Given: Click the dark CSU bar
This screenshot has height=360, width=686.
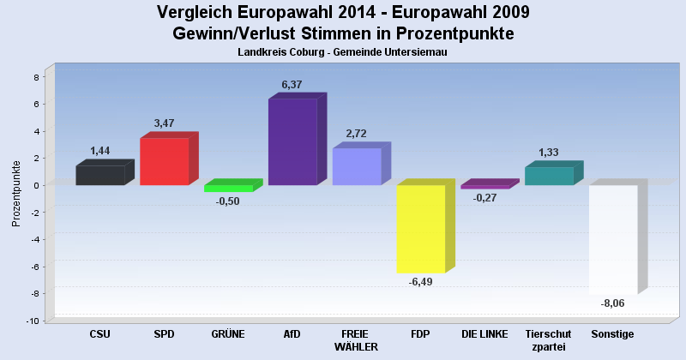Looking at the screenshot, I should [x=99, y=175].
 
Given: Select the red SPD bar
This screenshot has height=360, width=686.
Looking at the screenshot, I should [x=164, y=161].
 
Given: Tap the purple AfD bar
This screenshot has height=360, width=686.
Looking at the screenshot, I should [x=292, y=141].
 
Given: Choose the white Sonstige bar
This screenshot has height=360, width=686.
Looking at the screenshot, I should [x=612, y=239].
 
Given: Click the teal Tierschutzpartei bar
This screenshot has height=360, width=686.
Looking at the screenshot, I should [x=549, y=176].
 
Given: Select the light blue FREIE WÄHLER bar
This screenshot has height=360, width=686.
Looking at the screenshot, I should [x=357, y=166].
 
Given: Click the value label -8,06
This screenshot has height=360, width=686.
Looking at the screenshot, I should [x=612, y=303].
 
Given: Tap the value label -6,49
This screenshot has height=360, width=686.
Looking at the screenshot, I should [x=420, y=282].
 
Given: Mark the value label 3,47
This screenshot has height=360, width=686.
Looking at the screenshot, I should [x=164, y=123].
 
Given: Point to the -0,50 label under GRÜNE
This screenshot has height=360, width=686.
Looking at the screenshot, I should [x=227, y=201].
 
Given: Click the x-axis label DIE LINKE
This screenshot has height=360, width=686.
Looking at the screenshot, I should [x=484, y=333].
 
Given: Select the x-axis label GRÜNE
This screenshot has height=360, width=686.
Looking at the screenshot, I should [x=227, y=333].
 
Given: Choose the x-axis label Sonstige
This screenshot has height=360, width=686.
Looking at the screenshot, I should [x=612, y=333].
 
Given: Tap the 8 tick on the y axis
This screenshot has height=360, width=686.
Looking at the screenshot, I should [x=35, y=77].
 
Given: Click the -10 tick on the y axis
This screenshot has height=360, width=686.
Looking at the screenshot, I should [x=33, y=321].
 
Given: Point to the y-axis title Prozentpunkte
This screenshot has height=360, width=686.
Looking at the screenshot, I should [x=16, y=193].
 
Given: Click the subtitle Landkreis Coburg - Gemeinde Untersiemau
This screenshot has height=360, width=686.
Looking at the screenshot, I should [x=343, y=52].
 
